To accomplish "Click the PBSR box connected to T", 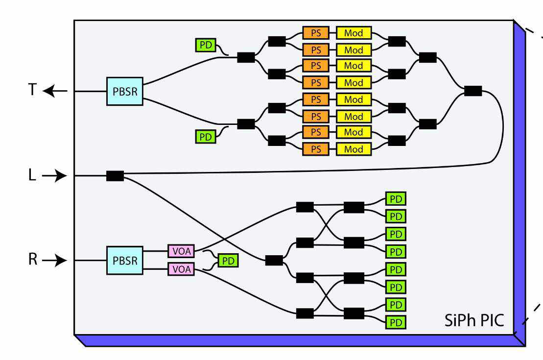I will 125,91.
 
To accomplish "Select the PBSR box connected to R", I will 125,260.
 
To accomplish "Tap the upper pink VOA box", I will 181,251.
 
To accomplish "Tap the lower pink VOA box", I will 181,269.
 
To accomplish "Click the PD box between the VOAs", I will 228,261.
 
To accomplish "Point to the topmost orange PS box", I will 316,33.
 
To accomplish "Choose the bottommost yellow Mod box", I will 354,149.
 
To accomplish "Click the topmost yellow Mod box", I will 354,33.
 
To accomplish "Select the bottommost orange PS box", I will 316,149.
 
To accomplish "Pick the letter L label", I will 32,175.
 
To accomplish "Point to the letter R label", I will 32,260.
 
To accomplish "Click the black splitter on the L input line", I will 115,176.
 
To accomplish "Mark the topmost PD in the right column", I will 396,198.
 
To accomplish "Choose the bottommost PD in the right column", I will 396,322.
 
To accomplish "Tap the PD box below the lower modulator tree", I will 206,136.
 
